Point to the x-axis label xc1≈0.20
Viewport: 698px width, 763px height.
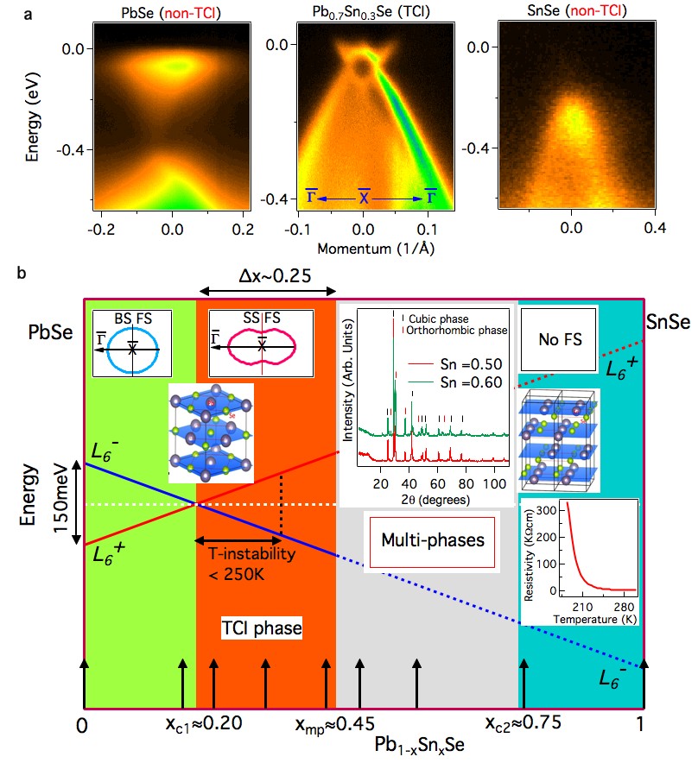204,722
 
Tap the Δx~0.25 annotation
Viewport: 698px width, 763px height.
267,275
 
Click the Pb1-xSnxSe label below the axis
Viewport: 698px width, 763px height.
422,743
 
